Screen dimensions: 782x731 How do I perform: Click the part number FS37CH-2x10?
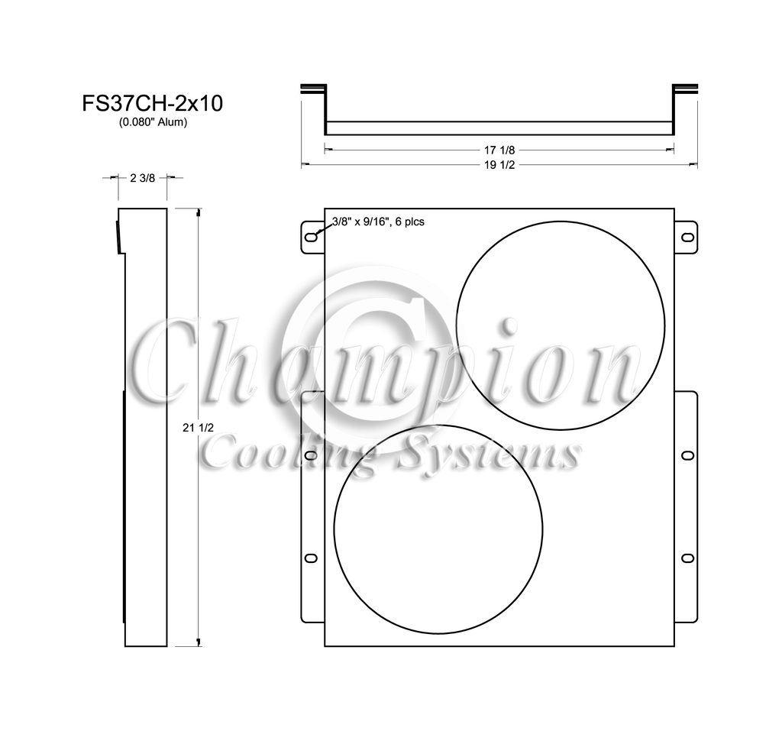(152, 103)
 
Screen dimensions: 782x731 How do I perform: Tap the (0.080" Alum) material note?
(153, 122)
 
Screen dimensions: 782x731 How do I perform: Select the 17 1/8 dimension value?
(499, 150)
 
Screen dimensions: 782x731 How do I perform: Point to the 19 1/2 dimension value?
(499, 165)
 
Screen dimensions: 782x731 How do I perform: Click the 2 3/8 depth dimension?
(143, 178)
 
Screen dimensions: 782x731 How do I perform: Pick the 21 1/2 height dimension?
(198, 428)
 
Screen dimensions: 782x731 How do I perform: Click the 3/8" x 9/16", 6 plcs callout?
(378, 222)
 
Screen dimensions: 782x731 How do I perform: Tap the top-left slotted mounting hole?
(311, 237)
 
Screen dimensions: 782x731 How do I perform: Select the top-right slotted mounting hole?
(688, 237)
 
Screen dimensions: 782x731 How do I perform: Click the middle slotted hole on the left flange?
(311, 455)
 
